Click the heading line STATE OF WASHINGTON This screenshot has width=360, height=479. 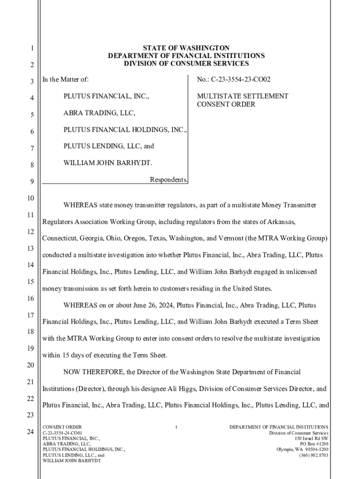coord(186,48)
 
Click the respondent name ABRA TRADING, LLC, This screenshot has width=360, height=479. coord(100,113)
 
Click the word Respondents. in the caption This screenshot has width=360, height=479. coord(169,180)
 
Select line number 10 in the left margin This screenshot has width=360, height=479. coord(30,198)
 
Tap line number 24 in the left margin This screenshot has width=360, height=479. coord(30,432)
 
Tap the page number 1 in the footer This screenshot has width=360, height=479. coord(176,427)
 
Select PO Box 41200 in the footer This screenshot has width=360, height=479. coord(314,444)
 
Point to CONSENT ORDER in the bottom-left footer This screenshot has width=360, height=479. coord(62,427)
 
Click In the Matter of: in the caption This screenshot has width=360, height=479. coord(65,80)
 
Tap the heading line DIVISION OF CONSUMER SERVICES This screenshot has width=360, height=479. coord(186,64)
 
